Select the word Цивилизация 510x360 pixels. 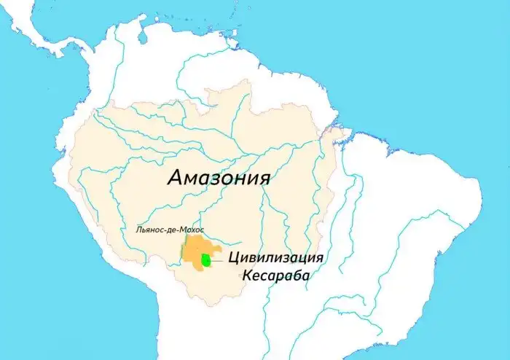pyautogui.click(x=275, y=259)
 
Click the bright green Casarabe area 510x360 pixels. pyautogui.click(x=207, y=259)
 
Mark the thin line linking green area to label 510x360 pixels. pyautogui.click(x=219, y=259)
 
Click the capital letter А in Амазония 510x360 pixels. pyautogui.click(x=175, y=178)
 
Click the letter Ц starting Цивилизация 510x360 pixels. pyautogui.click(x=234, y=259)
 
